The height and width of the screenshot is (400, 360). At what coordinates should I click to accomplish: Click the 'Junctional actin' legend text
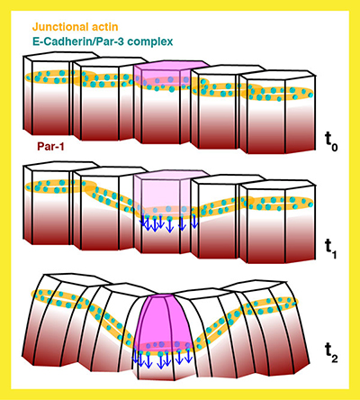(76, 27)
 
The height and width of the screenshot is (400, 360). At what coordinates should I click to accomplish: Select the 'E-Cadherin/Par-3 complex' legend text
(103, 41)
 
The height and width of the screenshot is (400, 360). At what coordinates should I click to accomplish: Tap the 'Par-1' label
(50, 147)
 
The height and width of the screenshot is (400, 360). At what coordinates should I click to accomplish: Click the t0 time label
(331, 141)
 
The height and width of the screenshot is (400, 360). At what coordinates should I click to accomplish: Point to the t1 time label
(331, 250)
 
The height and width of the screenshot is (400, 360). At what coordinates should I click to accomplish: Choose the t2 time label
(331, 353)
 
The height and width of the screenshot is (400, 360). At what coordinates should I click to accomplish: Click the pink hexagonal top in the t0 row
(171, 66)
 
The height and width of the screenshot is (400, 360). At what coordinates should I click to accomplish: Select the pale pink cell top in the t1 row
(171, 176)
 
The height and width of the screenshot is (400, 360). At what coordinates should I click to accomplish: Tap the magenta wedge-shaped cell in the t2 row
(164, 323)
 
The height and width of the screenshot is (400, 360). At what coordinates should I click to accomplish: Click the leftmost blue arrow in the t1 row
(144, 222)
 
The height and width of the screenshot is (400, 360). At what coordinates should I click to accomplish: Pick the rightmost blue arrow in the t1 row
(194, 221)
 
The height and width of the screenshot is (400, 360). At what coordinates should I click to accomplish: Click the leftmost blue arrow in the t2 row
(135, 356)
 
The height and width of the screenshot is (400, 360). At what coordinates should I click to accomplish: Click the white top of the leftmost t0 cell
(61, 57)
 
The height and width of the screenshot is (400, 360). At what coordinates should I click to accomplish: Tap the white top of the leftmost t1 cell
(61, 167)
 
